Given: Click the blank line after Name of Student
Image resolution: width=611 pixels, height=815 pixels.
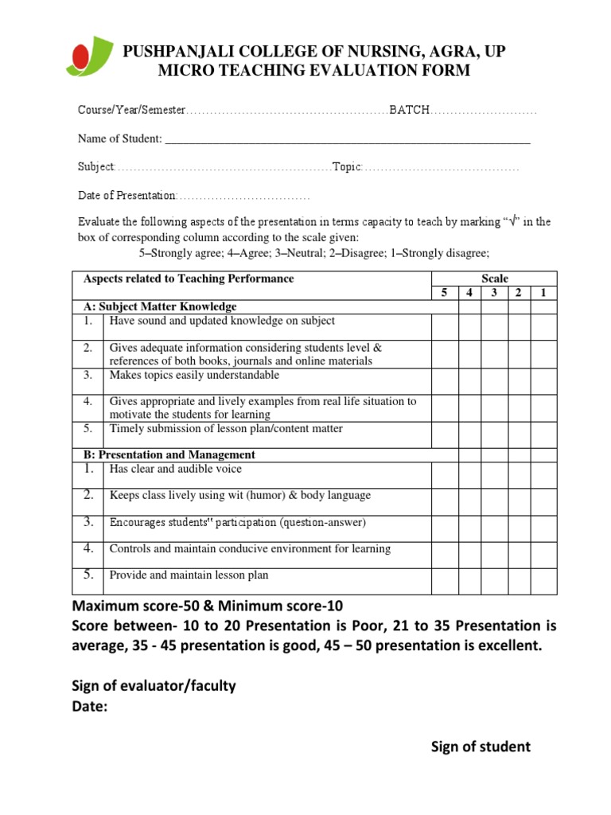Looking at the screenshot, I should (x=346, y=139).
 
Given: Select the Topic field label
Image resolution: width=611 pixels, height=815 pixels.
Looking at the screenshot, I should (x=347, y=167).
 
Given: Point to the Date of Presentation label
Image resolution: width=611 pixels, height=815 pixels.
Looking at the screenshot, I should (x=126, y=196).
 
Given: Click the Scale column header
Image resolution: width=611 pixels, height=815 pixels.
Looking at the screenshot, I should (x=494, y=279).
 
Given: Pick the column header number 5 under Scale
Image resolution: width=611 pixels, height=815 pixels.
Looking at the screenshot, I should (x=445, y=293).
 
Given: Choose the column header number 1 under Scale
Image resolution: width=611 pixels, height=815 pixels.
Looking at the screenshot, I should (x=544, y=293).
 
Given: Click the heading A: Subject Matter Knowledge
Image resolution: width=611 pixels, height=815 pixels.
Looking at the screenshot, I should (x=160, y=306).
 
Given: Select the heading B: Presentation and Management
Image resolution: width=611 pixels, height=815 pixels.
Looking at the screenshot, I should (x=169, y=454).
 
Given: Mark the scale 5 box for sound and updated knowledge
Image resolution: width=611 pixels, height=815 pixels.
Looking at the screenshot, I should (x=445, y=326).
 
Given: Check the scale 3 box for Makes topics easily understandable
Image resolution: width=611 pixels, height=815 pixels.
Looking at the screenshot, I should (x=494, y=381).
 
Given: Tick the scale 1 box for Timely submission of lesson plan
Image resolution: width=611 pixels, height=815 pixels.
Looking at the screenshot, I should (x=544, y=435).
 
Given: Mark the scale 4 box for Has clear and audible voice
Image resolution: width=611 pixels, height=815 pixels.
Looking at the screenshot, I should (x=469, y=475).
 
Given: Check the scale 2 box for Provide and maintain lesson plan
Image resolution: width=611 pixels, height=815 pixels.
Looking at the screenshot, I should (x=520, y=581).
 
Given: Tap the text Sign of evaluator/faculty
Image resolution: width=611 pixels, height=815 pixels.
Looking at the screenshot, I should (x=154, y=686).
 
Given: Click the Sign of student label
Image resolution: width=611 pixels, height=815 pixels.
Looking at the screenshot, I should (x=481, y=747).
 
